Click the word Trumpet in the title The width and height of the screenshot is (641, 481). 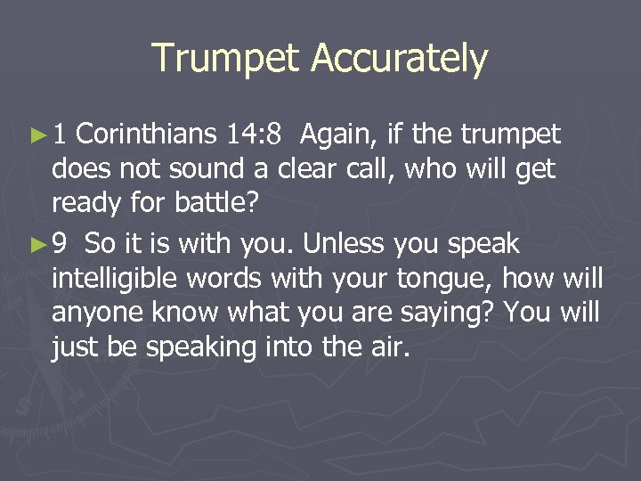point(226,59)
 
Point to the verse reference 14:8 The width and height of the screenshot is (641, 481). point(255,135)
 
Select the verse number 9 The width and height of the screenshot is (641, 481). point(60,244)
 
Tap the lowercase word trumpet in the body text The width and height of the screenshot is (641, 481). point(510,135)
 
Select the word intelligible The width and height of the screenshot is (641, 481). point(112,280)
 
